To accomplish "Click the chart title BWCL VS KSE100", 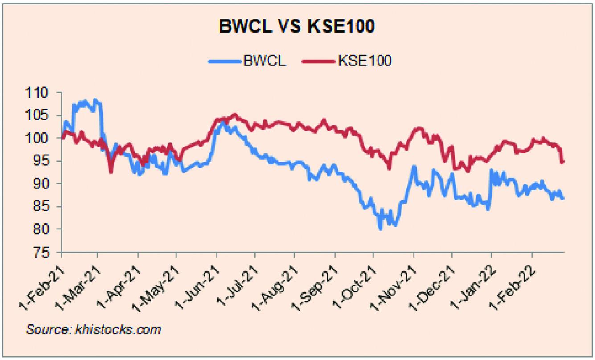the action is pyautogui.click(x=296, y=26).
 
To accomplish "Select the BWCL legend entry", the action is pyautogui.click(x=247, y=61).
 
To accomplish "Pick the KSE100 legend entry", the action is pyautogui.click(x=347, y=61).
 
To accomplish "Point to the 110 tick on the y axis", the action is pyautogui.click(x=37, y=93).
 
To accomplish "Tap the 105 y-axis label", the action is pyautogui.click(x=37, y=116).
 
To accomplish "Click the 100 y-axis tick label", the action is pyautogui.click(x=37, y=138).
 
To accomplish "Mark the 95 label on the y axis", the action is pyautogui.click(x=41, y=161).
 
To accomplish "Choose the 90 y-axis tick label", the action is pyautogui.click(x=41, y=184).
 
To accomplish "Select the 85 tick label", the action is pyautogui.click(x=41, y=207).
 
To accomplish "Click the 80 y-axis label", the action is pyautogui.click(x=41, y=229).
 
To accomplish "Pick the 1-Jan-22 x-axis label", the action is pyautogui.click(x=472, y=288).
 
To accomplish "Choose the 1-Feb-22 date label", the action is pyautogui.click(x=513, y=288).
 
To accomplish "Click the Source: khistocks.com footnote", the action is pyautogui.click(x=94, y=329).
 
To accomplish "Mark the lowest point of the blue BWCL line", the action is pyautogui.click(x=380, y=229).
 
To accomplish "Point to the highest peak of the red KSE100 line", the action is pyautogui.click(x=234, y=115).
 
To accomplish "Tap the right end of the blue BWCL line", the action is pyautogui.click(x=563, y=198).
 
